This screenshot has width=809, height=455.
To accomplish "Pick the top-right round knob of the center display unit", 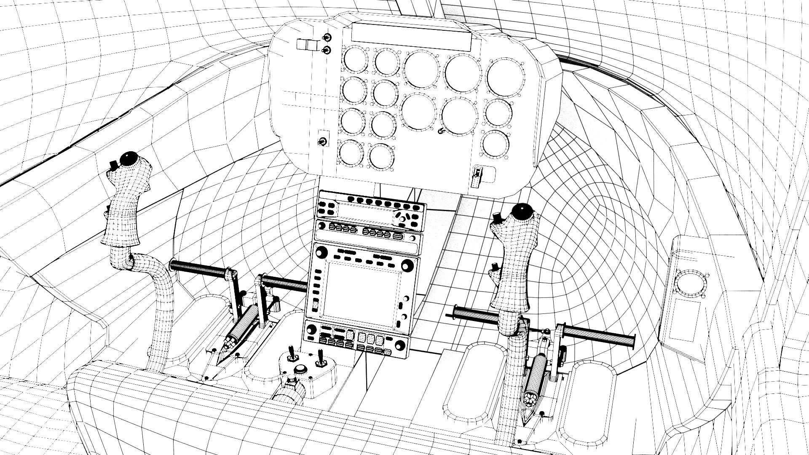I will tap(407, 265).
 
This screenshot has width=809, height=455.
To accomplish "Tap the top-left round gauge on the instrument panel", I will tap(355, 59).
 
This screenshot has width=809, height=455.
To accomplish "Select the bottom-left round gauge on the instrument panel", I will tap(350, 153).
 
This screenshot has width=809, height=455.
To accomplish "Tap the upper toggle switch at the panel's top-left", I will tap(327, 38).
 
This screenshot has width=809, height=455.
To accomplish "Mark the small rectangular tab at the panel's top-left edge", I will tap(307, 45).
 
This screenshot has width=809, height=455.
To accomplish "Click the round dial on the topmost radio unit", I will tap(402, 219).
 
